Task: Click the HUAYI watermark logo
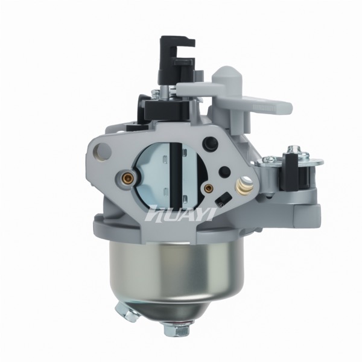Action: [x=179, y=213]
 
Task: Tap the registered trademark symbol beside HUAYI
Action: [x=220, y=205]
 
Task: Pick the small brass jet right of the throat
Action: [x=209, y=188]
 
